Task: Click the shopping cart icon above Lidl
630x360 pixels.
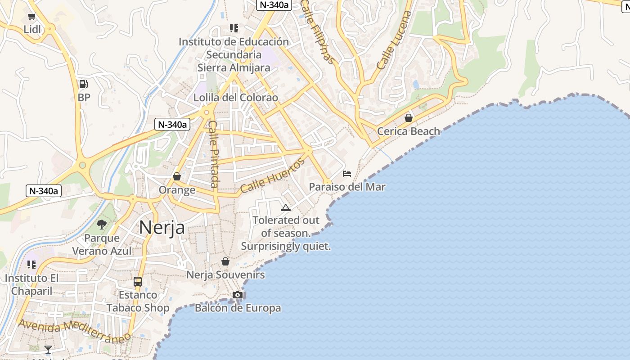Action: pyautogui.click(x=31, y=17)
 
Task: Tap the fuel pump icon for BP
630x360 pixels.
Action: pyautogui.click(x=83, y=84)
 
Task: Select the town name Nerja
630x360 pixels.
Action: pyautogui.click(x=162, y=227)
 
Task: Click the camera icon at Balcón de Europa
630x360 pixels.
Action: pyautogui.click(x=238, y=295)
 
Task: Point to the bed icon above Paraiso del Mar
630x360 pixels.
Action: pyautogui.click(x=347, y=174)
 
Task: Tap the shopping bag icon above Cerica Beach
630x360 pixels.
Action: pyautogui.click(x=409, y=118)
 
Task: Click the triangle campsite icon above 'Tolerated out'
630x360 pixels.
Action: pyautogui.click(x=285, y=207)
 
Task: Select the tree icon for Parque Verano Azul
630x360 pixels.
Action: pyautogui.click(x=102, y=224)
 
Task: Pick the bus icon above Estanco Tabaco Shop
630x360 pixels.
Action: pyautogui.click(x=138, y=282)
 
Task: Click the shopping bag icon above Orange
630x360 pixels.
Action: pyautogui.click(x=177, y=176)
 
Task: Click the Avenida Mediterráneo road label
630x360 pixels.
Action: pyautogui.click(x=74, y=330)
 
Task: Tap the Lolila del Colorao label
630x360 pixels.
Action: pyautogui.click(x=236, y=98)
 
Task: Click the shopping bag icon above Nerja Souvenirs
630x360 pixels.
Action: pyautogui.click(x=225, y=261)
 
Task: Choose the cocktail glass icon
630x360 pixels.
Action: pyautogui.click(x=48, y=349)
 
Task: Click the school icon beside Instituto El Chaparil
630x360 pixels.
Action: pyautogui.click(x=31, y=265)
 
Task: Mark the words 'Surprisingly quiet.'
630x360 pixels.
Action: pyautogui.click(x=286, y=246)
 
